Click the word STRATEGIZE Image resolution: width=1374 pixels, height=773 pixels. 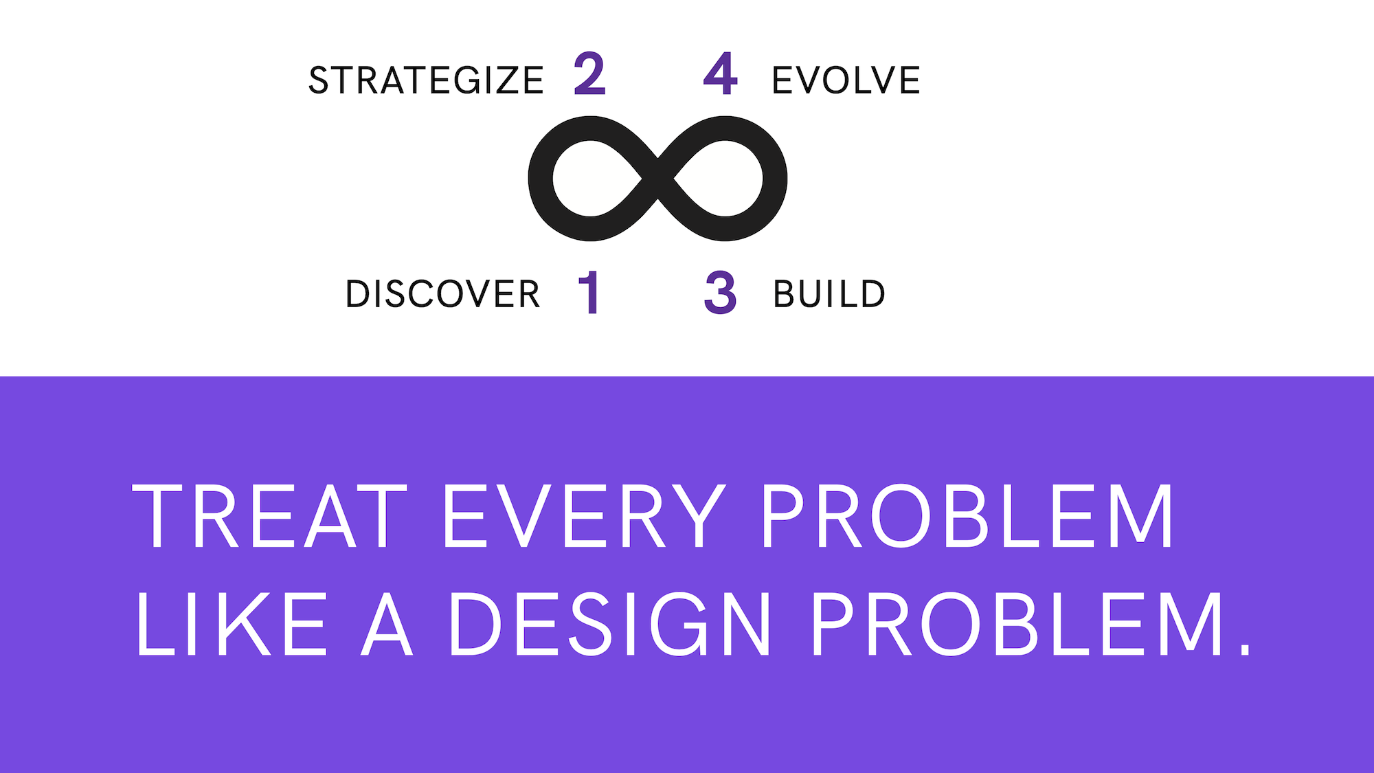click(426, 80)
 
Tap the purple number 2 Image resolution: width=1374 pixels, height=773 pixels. click(590, 74)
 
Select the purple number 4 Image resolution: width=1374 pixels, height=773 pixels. click(720, 74)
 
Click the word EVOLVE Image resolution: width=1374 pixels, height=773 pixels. click(846, 80)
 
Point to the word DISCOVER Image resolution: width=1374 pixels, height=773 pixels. click(443, 294)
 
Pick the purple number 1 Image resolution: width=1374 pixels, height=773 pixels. click(589, 293)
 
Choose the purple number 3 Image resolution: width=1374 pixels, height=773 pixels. click(721, 293)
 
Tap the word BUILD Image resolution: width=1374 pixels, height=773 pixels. click(829, 294)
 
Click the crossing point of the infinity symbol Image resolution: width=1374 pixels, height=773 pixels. click(657, 179)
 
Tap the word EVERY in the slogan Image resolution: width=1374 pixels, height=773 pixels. click(584, 515)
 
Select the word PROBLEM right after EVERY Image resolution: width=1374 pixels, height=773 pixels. click(967, 515)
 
